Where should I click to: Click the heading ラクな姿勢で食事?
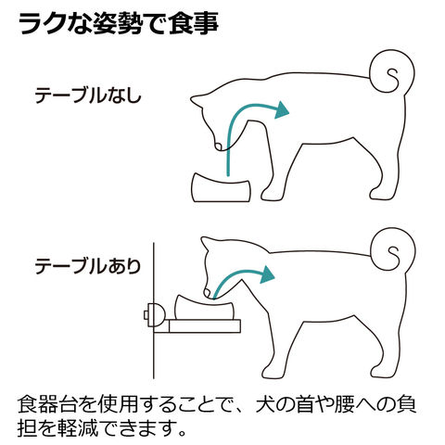(119, 24)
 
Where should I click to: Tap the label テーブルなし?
(88, 95)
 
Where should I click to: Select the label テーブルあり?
(88, 266)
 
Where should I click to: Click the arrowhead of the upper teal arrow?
(281, 110)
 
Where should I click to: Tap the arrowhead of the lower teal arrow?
(267, 274)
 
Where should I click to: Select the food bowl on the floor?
(222, 188)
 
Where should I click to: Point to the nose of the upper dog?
(218, 146)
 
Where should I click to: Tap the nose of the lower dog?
(207, 293)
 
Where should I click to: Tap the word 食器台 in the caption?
(46, 405)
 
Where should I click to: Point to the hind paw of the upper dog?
(379, 194)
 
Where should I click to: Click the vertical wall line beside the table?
(154, 311)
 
